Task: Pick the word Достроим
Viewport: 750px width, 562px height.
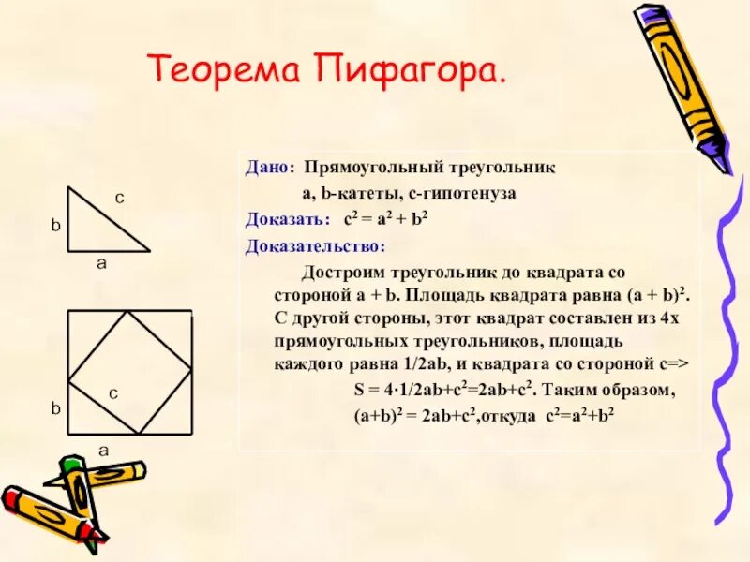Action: [342, 273]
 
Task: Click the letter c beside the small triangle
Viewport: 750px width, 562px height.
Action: [120, 198]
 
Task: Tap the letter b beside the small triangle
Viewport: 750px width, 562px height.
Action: [55, 226]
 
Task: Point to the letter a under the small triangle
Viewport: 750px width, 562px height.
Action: [101, 264]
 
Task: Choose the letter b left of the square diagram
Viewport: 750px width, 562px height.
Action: [55, 408]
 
